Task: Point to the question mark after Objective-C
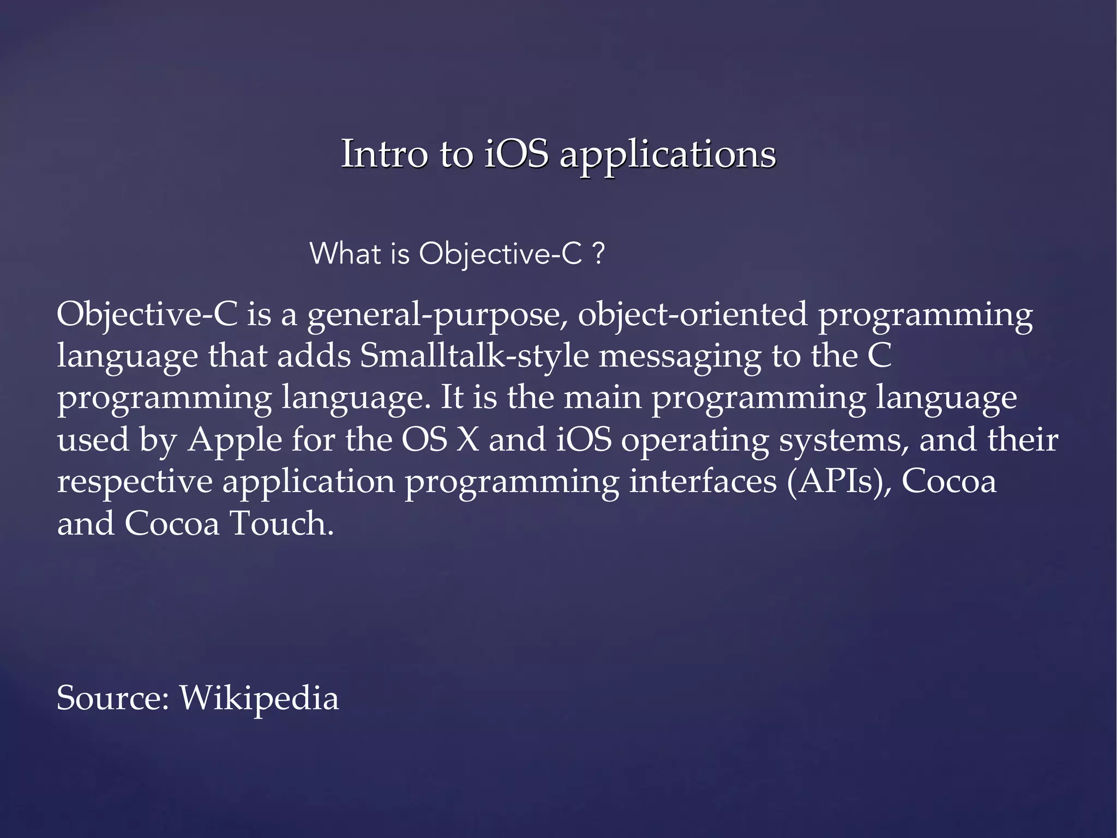click(598, 254)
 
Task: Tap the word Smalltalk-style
click(474, 356)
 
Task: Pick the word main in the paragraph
click(602, 398)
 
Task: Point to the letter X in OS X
click(467, 440)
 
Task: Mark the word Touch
click(281, 523)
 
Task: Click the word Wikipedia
click(259, 698)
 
